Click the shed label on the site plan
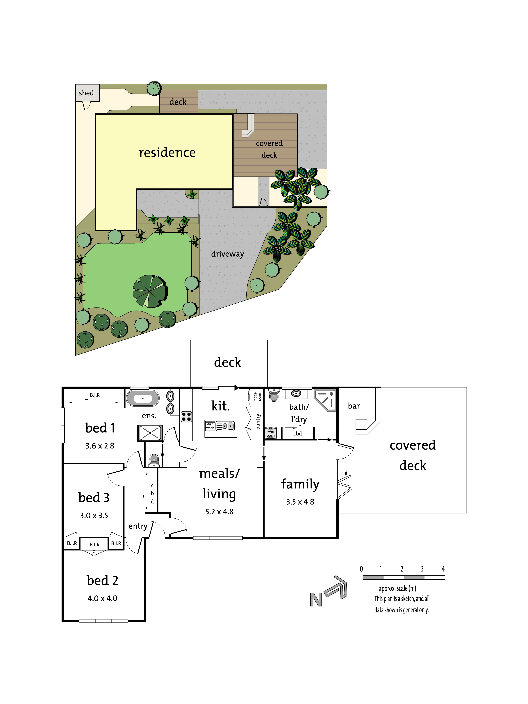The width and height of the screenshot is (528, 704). tap(86, 93)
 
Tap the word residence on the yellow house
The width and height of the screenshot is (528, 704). tap(167, 153)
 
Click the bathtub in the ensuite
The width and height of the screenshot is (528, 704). tap(143, 398)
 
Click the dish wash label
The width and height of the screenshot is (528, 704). tap(210, 426)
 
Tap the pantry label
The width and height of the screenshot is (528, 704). tap(258, 422)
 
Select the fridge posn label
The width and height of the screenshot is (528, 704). tap(257, 397)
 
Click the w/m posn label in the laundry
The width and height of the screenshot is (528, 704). tap(271, 433)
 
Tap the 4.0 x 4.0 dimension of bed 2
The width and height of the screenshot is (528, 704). tap(102, 598)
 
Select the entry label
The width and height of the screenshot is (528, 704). tap(138, 526)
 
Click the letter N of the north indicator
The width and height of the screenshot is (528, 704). tap(316, 600)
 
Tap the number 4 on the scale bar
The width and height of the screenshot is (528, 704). tap(443, 569)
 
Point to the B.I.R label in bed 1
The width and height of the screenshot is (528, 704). tap(94, 395)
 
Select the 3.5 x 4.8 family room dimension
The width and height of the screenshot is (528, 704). tap(300, 502)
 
